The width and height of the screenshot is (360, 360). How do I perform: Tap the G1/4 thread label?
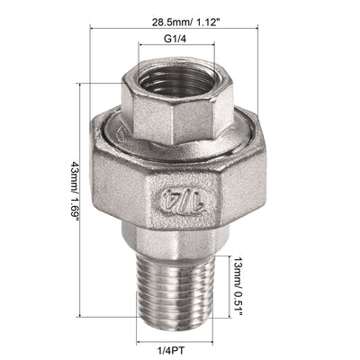pos(175,39)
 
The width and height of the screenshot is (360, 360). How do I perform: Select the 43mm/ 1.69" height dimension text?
pos(75,192)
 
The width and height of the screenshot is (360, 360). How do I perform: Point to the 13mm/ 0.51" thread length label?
pos(238,286)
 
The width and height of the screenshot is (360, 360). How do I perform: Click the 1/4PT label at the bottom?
pos(171,350)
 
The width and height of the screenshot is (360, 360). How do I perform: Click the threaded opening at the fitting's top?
pos(177,80)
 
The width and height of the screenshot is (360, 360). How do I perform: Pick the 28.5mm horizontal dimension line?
pos(174,29)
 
